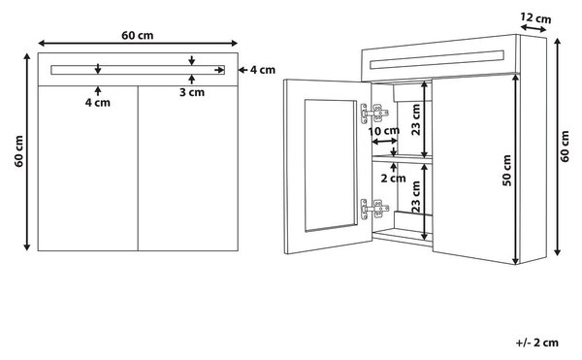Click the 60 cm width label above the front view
click(x=138, y=35)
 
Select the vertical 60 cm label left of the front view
click(x=19, y=151)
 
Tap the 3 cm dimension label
click(x=192, y=92)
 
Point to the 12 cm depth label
click(x=535, y=17)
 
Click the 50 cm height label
click(x=506, y=170)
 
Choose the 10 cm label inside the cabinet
click(x=384, y=131)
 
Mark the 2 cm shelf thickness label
click(x=393, y=179)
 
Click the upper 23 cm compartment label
click(x=416, y=119)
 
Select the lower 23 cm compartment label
click(x=416, y=197)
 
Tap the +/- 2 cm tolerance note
click(x=537, y=343)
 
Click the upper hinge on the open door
click(x=374, y=113)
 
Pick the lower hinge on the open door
click(x=374, y=209)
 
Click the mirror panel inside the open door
click(x=331, y=165)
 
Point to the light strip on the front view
click(x=138, y=70)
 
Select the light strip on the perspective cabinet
click(x=436, y=60)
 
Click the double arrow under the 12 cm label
click(x=533, y=28)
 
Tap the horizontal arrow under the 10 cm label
click(x=384, y=142)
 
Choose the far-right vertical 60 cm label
click(x=565, y=147)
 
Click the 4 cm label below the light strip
click(x=98, y=103)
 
